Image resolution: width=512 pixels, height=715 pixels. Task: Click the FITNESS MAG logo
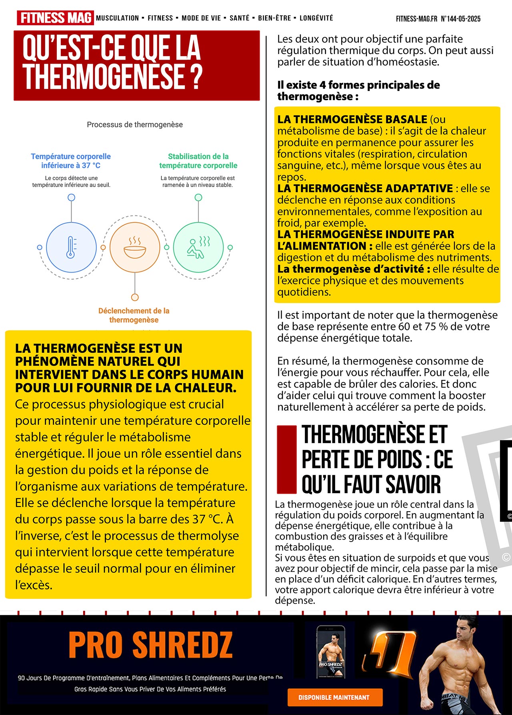pyautogui.click(x=55, y=18)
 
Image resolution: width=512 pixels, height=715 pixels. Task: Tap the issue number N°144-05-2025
pyautogui.click(x=460, y=19)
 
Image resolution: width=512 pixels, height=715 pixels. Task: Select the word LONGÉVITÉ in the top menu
pyautogui.click(x=316, y=18)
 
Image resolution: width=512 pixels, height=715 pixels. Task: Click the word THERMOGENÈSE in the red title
pyautogui.click(x=104, y=76)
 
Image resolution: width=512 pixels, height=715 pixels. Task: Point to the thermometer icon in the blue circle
pyautogui.click(x=71, y=247)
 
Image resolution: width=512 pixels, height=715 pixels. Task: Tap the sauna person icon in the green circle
pyautogui.click(x=198, y=247)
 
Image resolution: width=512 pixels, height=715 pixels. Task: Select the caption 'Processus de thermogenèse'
pyautogui.click(x=135, y=125)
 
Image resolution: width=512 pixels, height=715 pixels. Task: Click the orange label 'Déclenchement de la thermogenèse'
pyautogui.click(x=134, y=315)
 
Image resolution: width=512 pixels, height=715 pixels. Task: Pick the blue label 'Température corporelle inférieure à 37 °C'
pyautogui.click(x=71, y=161)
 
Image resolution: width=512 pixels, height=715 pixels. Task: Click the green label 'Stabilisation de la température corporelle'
pyautogui.click(x=198, y=161)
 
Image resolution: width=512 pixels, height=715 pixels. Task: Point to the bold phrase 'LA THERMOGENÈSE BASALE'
pyautogui.click(x=352, y=119)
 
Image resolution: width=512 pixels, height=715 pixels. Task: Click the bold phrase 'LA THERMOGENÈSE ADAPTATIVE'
pyautogui.click(x=365, y=188)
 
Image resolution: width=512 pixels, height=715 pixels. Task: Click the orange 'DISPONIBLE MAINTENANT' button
pyautogui.click(x=335, y=697)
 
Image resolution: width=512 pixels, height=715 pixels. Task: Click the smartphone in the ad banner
pyautogui.click(x=331, y=652)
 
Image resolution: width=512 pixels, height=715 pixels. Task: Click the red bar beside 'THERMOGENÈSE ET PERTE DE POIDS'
pyautogui.click(x=286, y=459)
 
